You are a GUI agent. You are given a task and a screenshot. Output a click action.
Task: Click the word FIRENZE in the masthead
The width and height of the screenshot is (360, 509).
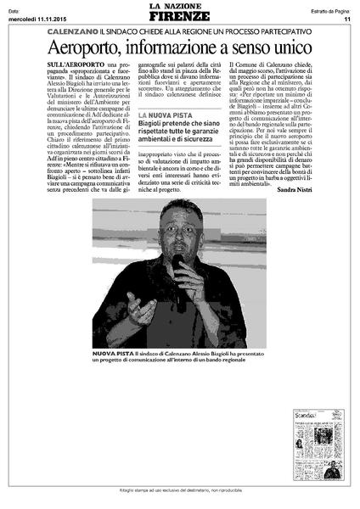179,17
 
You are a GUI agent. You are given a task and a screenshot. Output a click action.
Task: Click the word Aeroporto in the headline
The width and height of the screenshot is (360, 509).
87,49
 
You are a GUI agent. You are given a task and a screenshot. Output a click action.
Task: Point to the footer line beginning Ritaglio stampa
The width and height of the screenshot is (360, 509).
179,493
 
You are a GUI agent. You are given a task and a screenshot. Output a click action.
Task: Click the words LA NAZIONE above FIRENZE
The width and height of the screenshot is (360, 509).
179,7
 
